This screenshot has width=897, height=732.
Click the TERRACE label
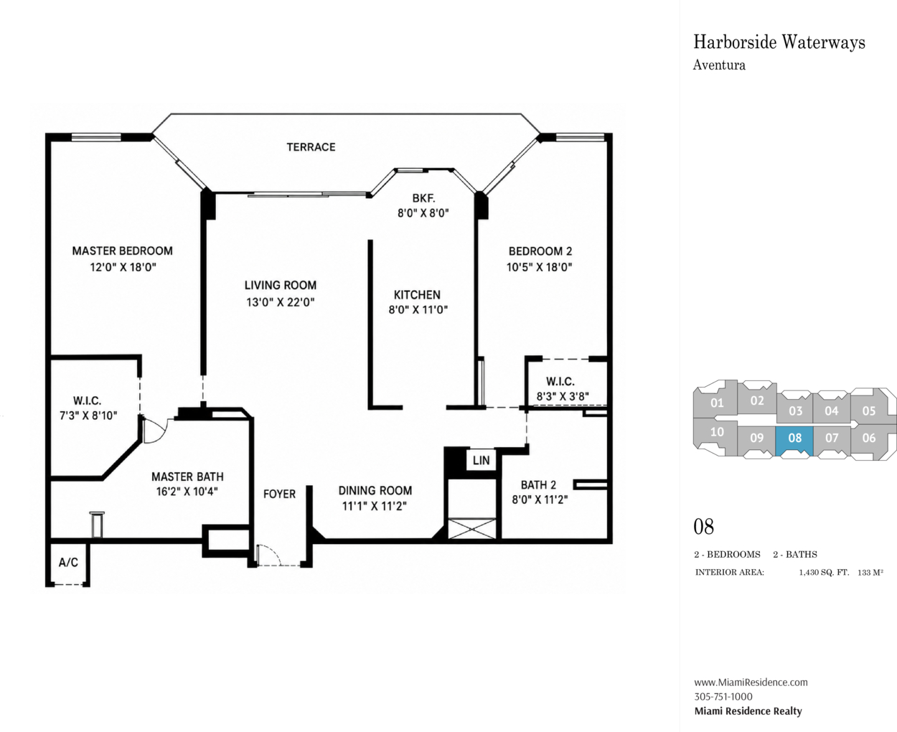(311, 147)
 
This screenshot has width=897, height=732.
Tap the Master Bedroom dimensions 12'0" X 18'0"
(123, 268)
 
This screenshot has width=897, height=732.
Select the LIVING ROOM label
(281, 285)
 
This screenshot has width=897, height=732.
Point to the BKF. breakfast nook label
(423, 198)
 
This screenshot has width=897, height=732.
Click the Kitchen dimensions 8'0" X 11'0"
(418, 309)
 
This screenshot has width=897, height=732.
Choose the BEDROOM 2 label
(540, 251)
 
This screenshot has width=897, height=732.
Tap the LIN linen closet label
(481, 460)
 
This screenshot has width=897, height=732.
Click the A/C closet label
(68, 563)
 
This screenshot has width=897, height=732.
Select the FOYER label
(279, 494)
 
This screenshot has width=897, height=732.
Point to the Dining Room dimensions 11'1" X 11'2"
(375, 506)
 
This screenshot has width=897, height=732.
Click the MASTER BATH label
(187, 477)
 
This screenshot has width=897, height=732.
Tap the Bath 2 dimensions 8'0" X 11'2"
(540, 499)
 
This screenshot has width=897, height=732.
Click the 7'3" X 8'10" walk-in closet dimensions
(88, 416)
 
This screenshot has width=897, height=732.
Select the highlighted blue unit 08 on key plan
(794, 441)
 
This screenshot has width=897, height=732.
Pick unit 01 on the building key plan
(716, 401)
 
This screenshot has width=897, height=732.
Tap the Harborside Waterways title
(779, 42)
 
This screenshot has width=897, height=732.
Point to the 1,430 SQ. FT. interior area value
(824, 573)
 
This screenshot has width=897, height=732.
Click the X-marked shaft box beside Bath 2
(472, 529)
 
